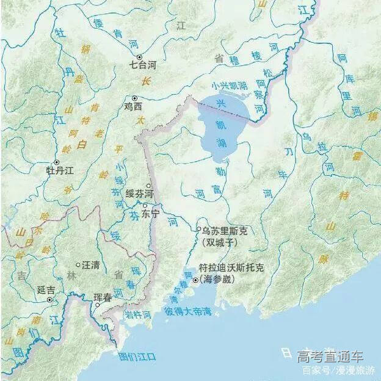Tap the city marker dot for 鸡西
(135, 98)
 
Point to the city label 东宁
(150, 214)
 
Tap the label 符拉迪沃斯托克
(232, 268)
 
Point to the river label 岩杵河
(138, 316)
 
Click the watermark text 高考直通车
(330, 357)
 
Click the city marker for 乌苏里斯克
(198, 230)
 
